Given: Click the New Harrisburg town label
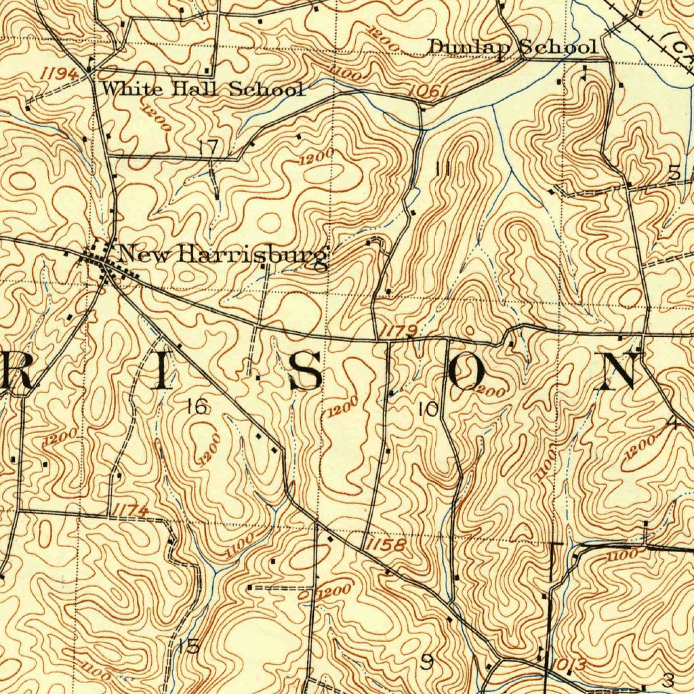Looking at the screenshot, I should pos(222,256).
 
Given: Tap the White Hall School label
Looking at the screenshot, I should pos(203,89).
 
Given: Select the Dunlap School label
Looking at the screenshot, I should pos(513,47).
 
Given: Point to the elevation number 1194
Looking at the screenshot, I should pos(58,73).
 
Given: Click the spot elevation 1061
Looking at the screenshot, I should pos(430,93).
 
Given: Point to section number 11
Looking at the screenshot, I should pos(444,169).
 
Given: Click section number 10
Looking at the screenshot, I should pos(428,409).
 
